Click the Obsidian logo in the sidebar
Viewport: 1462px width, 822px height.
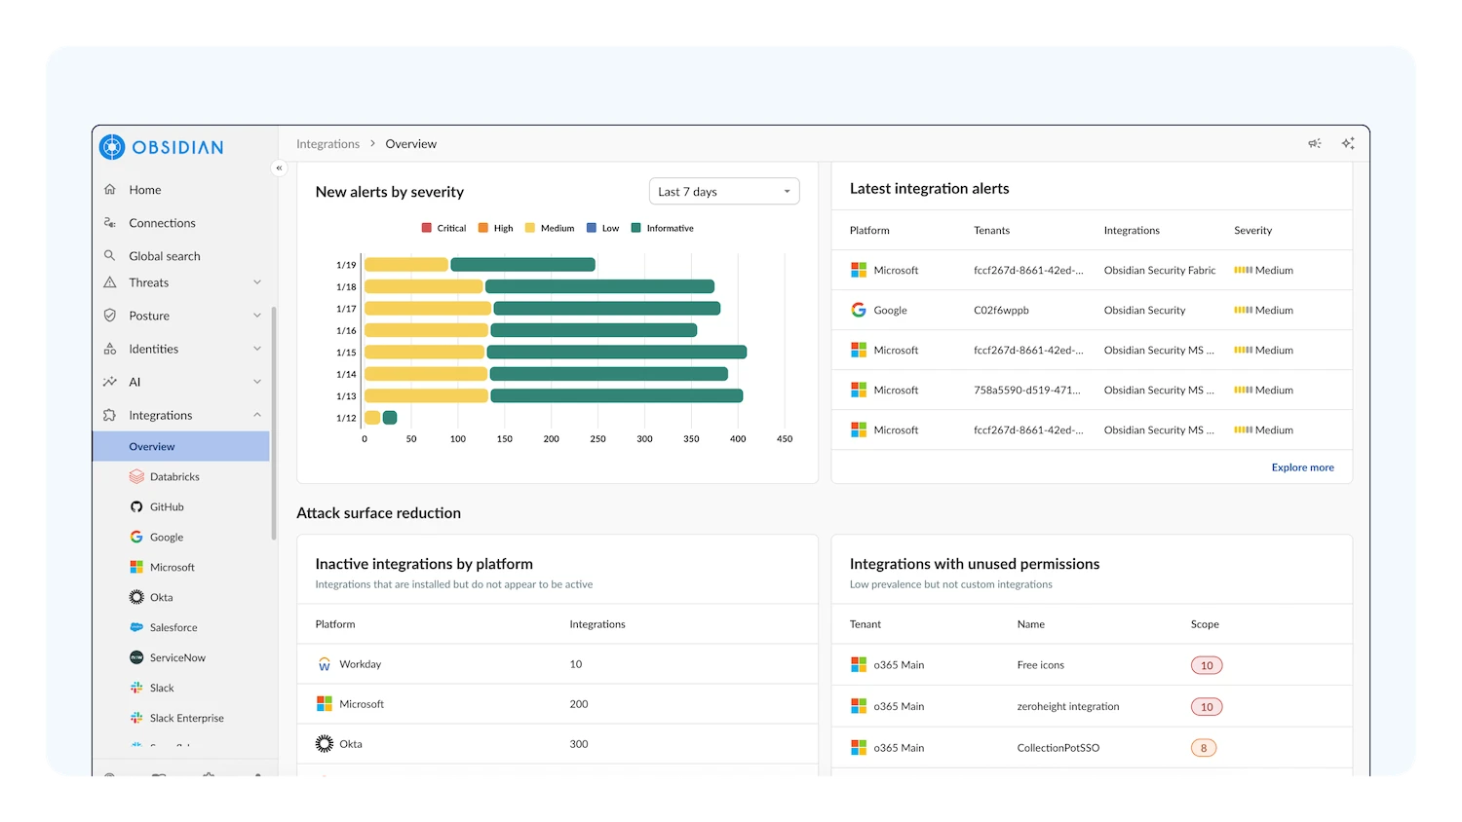tap(161, 147)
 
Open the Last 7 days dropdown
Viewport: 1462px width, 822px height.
tap(724, 192)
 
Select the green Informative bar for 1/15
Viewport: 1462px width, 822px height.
tap(616, 353)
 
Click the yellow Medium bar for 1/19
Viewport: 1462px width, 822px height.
tap(405, 265)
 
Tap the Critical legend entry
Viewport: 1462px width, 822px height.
tap(443, 228)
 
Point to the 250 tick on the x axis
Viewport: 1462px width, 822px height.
tap(597, 439)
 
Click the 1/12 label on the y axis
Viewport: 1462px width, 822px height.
tap(346, 418)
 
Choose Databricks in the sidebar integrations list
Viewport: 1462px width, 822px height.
tap(173, 477)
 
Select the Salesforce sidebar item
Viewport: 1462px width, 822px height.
tap(173, 628)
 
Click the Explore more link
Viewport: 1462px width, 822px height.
tap(1302, 467)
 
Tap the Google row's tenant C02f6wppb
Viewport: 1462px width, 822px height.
tap(1001, 311)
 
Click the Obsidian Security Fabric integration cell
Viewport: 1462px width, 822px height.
tap(1159, 271)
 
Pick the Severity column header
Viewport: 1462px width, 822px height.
tap(1252, 231)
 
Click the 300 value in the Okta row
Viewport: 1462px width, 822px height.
tap(579, 744)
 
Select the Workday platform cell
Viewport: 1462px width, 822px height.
tap(360, 664)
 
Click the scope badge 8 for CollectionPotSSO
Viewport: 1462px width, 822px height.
tap(1204, 749)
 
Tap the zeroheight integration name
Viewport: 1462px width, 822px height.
tap(1067, 707)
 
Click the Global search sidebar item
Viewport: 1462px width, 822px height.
tap(164, 256)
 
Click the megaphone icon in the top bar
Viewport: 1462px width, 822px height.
tap(1314, 144)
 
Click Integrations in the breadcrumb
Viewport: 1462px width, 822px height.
tap(327, 144)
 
